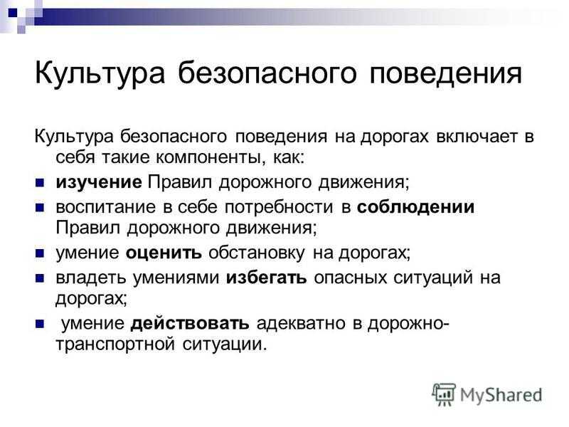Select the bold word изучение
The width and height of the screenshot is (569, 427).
tap(99, 182)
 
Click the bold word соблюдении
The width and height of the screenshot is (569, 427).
tap(415, 207)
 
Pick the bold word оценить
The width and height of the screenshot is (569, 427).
tap(164, 253)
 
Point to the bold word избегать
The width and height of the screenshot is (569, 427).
tap(266, 278)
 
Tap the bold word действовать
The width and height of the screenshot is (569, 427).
tap(190, 324)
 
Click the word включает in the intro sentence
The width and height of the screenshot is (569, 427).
tap(477, 137)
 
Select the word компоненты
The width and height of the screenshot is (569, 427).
tap(208, 157)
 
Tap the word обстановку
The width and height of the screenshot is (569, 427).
tap(257, 253)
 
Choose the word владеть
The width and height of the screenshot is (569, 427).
tap(90, 278)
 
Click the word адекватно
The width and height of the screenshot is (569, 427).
tap(301, 324)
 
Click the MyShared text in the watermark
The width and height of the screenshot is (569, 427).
tap(501, 395)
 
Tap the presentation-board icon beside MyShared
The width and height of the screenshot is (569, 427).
tap(444, 394)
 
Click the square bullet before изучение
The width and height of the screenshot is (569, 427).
tap(40, 183)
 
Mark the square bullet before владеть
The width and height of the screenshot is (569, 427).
tap(40, 278)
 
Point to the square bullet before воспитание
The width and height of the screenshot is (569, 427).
tap(40, 208)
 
